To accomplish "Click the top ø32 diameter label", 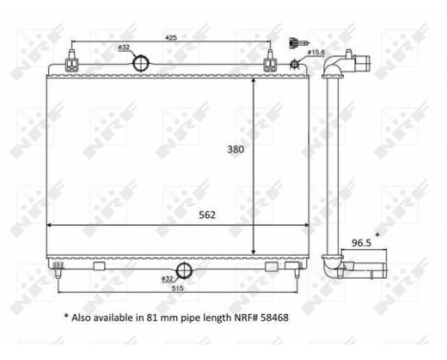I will [123, 46].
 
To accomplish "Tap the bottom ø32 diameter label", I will [168, 278].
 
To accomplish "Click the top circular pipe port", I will [140, 63].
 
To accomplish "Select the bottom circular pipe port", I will [183, 271].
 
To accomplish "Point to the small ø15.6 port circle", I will [296, 63].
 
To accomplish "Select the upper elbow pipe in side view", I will [341, 68].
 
